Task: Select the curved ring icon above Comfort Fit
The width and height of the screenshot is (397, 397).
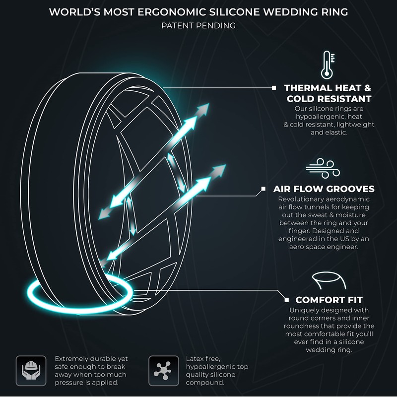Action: (327, 280)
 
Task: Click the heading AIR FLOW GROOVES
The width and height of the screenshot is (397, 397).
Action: (324, 189)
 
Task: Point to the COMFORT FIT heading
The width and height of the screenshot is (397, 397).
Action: (329, 300)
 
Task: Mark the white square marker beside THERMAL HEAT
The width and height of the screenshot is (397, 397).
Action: (274, 88)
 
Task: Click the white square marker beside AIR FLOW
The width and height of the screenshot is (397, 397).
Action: (263, 189)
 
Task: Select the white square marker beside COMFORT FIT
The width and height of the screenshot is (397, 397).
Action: (286, 299)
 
